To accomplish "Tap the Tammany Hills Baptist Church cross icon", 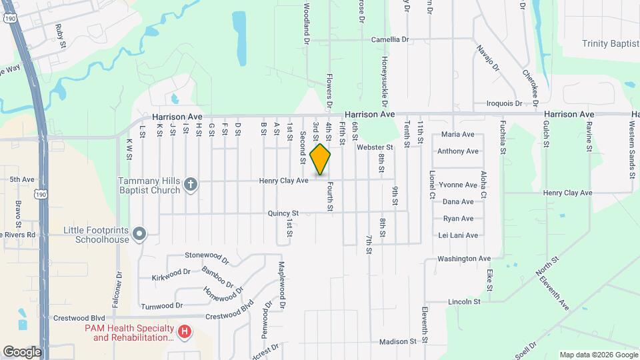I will tap(191, 184).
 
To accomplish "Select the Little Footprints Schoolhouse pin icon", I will tap(139, 233).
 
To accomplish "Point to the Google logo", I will tap(22, 351).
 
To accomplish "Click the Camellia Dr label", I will tap(390, 39).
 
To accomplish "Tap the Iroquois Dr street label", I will tap(503, 103).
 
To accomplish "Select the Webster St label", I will tap(375, 147).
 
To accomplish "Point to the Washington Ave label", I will tap(464, 259).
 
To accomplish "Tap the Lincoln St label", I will tap(464, 301).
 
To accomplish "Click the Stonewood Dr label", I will tap(207, 255).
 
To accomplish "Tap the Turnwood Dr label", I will tap(162, 305).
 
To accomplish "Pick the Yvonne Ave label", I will tap(458, 185).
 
